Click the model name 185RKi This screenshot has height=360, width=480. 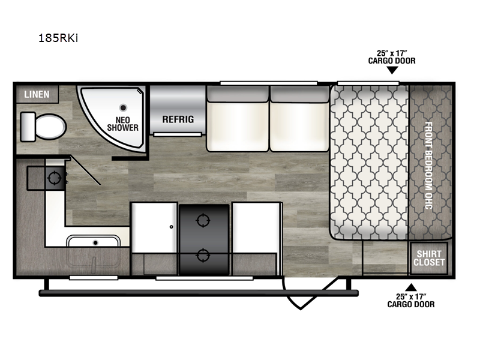58,38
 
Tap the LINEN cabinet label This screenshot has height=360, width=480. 37,94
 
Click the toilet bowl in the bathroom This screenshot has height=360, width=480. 50,127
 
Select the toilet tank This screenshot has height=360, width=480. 28,127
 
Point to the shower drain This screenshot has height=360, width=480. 124,107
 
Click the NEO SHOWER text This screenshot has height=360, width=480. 123,124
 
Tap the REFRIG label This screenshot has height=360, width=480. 178,119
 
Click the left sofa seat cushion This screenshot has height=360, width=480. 238,127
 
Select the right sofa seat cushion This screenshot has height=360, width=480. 299,127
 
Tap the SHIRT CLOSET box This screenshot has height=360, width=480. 429,258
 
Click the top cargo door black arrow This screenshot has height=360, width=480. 392,70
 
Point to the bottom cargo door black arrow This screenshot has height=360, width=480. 411,287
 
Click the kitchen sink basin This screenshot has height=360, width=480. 94,242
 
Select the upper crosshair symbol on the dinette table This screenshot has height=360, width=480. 203,220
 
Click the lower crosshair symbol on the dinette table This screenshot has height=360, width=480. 203,255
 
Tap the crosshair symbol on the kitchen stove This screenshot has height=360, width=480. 55,178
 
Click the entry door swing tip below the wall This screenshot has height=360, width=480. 301,308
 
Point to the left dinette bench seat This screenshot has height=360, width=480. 154,227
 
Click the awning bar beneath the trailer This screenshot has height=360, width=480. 199,293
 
